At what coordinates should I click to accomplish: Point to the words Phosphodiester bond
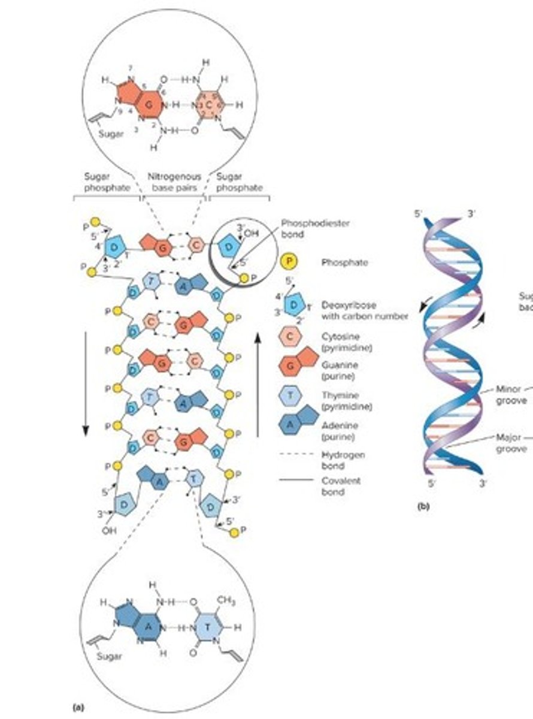(x=323, y=228)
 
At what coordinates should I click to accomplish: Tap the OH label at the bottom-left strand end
(x=108, y=530)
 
